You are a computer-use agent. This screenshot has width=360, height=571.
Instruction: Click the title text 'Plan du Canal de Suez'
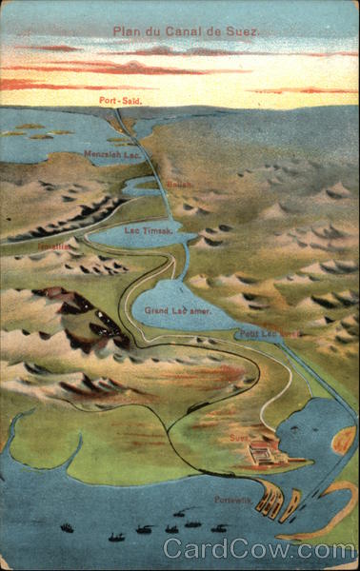(186, 30)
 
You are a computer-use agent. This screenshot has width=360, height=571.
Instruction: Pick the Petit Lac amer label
(269, 333)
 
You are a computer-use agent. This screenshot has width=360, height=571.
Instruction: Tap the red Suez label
(238, 438)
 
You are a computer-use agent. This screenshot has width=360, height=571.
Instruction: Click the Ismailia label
(53, 246)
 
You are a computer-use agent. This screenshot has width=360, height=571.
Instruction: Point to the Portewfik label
(230, 500)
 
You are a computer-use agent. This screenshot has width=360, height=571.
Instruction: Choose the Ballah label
(179, 185)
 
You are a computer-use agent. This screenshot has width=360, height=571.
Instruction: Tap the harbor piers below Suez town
(277, 501)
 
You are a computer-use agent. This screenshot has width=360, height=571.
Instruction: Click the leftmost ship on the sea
(67, 527)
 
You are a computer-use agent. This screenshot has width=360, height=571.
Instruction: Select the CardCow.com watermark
(257, 549)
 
